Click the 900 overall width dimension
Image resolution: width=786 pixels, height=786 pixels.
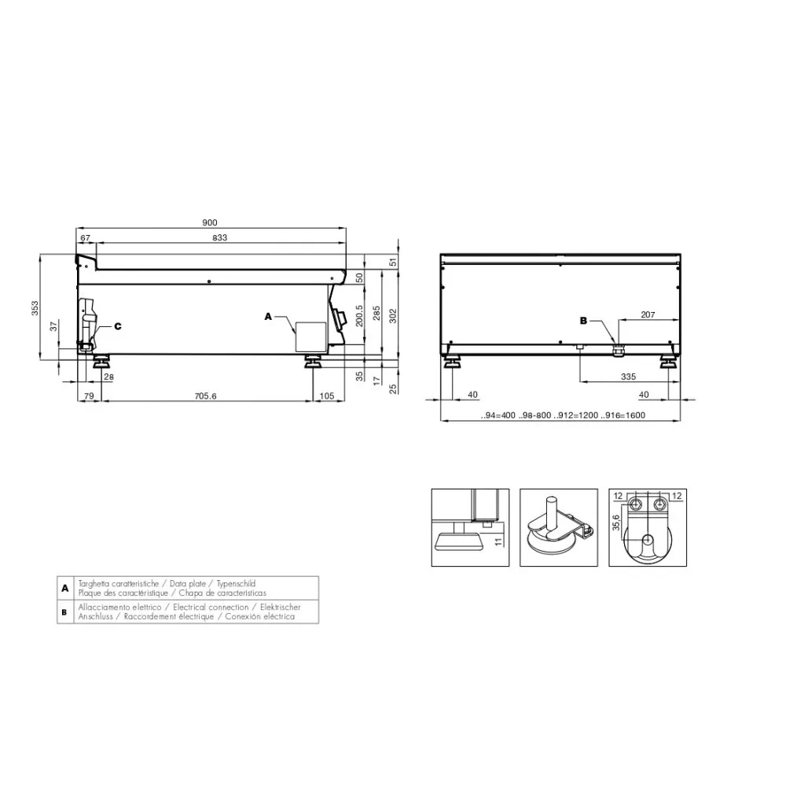click(211, 222)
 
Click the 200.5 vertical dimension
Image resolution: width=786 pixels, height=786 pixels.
click(359, 316)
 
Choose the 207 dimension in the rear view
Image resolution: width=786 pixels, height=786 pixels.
click(648, 314)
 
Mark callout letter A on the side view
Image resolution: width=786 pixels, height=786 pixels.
click(268, 317)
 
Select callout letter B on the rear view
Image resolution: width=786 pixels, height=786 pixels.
click(583, 320)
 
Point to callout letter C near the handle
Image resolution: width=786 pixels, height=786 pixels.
click(117, 325)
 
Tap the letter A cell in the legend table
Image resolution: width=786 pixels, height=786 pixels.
click(64, 588)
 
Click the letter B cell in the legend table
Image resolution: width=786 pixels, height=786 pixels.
click(64, 612)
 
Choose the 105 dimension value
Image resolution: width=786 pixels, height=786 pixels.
click(328, 396)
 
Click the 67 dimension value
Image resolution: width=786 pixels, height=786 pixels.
click(86, 238)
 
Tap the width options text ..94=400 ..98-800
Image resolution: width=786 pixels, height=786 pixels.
click(519, 415)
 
